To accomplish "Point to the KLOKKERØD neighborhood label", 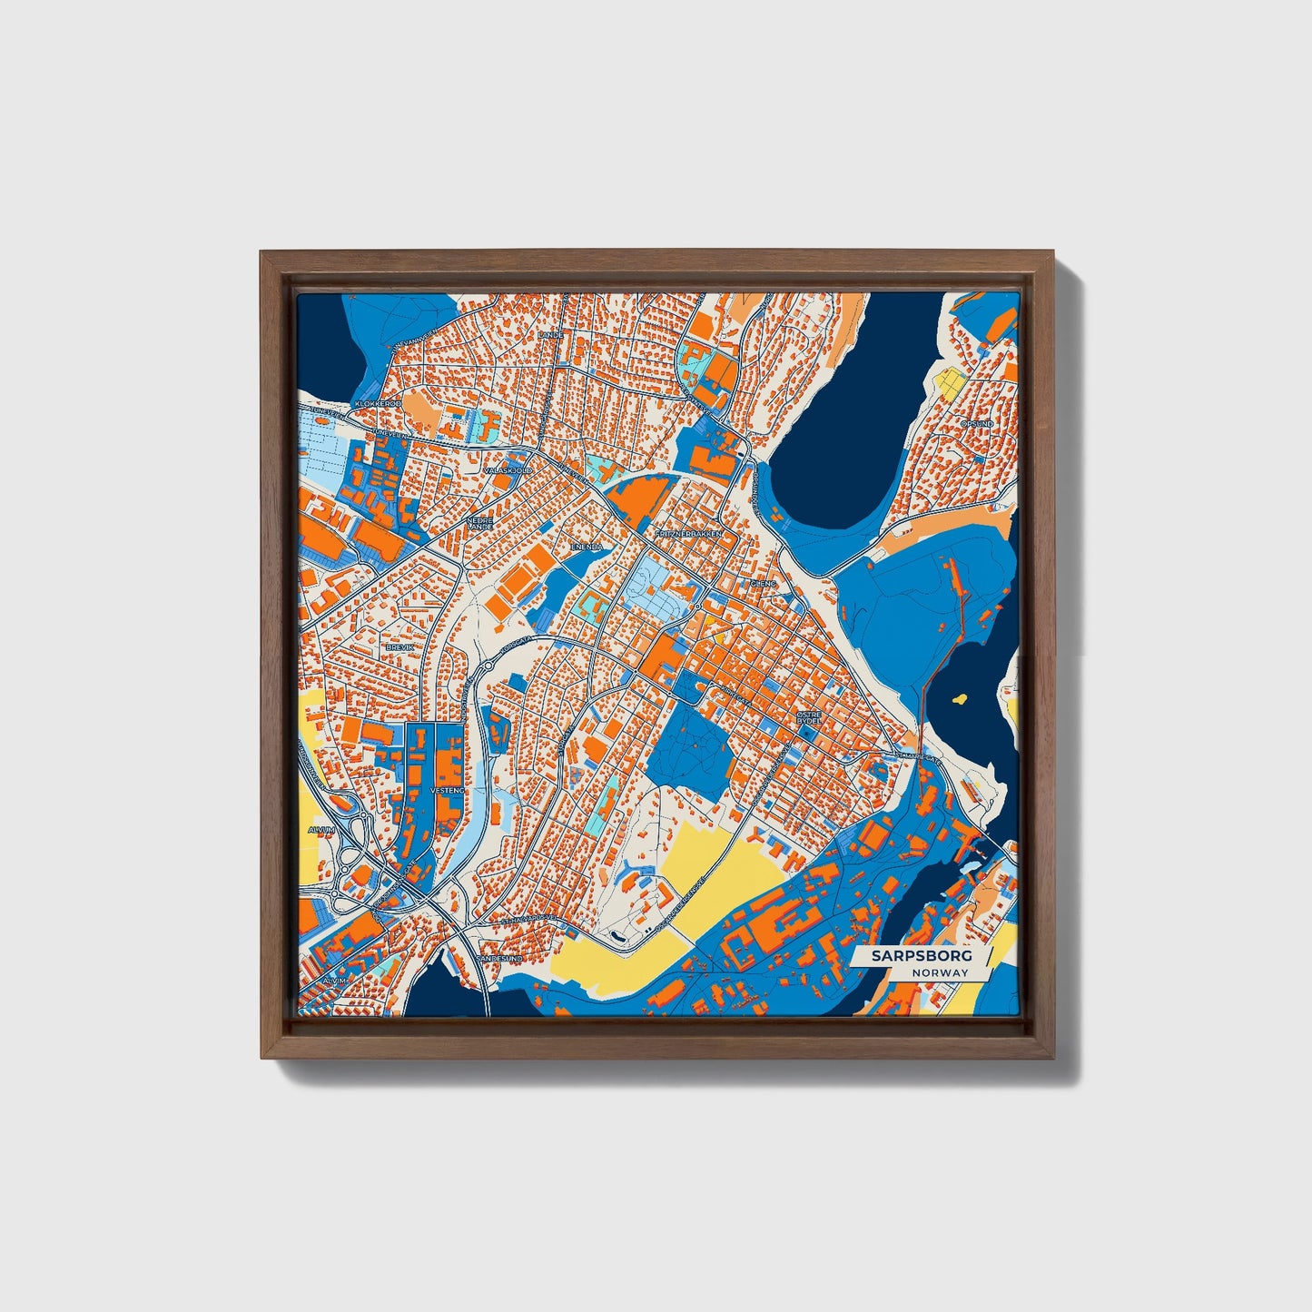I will [x=378, y=403].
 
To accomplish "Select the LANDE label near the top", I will [x=550, y=334].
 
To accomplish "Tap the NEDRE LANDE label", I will [x=478, y=524].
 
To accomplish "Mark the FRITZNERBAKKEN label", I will [x=687, y=534].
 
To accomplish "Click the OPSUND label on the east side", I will [x=977, y=423].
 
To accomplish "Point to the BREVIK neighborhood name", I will [x=400, y=646].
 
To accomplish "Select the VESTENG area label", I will [x=447, y=791].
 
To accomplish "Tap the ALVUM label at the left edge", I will [x=321, y=830].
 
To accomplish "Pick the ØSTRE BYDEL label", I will [x=809, y=717].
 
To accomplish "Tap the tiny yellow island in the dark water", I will [x=959, y=700].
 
